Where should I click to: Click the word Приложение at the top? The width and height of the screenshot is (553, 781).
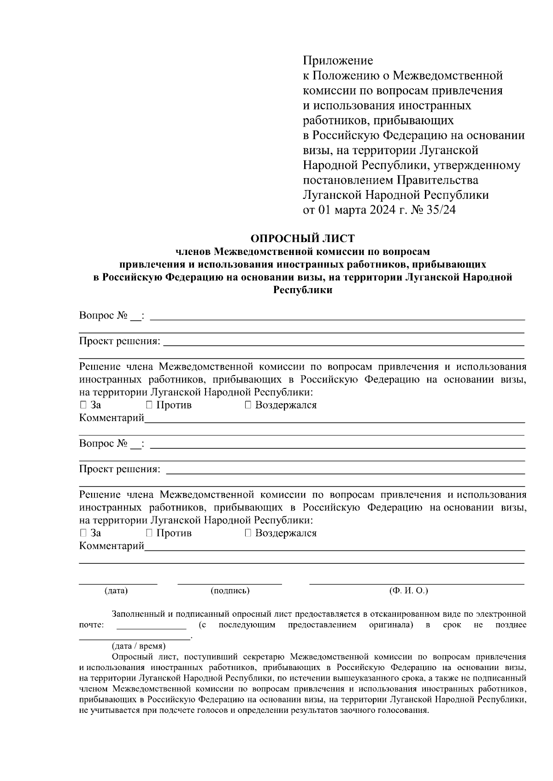pyautogui.click(x=338, y=60)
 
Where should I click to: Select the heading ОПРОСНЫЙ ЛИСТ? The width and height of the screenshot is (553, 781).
pyautogui.click(x=302, y=238)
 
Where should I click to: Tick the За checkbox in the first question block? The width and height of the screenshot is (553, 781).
pyautogui.click(x=83, y=405)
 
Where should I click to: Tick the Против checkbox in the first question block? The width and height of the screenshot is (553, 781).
pyautogui.click(x=149, y=405)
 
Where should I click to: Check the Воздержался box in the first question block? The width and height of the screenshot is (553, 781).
pyautogui.click(x=248, y=405)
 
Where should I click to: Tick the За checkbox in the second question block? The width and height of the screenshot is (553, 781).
pyautogui.click(x=83, y=533)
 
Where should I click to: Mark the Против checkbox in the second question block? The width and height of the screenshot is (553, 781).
pyautogui.click(x=149, y=533)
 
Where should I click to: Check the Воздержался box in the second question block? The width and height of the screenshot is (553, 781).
pyautogui.click(x=248, y=533)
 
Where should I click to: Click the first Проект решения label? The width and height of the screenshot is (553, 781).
pyautogui.click(x=120, y=341)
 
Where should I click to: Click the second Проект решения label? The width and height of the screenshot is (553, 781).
pyautogui.click(x=120, y=469)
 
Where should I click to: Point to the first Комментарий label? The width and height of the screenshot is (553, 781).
pyautogui.click(x=112, y=418)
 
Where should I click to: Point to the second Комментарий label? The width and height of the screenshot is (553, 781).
pyautogui.click(x=112, y=546)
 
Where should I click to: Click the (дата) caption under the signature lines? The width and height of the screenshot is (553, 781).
pyautogui.click(x=116, y=590)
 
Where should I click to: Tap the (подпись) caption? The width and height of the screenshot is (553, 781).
pyautogui.click(x=230, y=590)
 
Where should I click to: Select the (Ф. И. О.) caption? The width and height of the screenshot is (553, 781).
pyautogui.click(x=409, y=590)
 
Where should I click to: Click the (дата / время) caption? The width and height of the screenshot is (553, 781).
pyautogui.click(x=139, y=646)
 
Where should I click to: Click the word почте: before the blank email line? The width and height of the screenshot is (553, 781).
pyautogui.click(x=92, y=625)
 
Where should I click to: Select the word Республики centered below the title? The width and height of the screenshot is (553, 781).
pyautogui.click(x=302, y=290)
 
